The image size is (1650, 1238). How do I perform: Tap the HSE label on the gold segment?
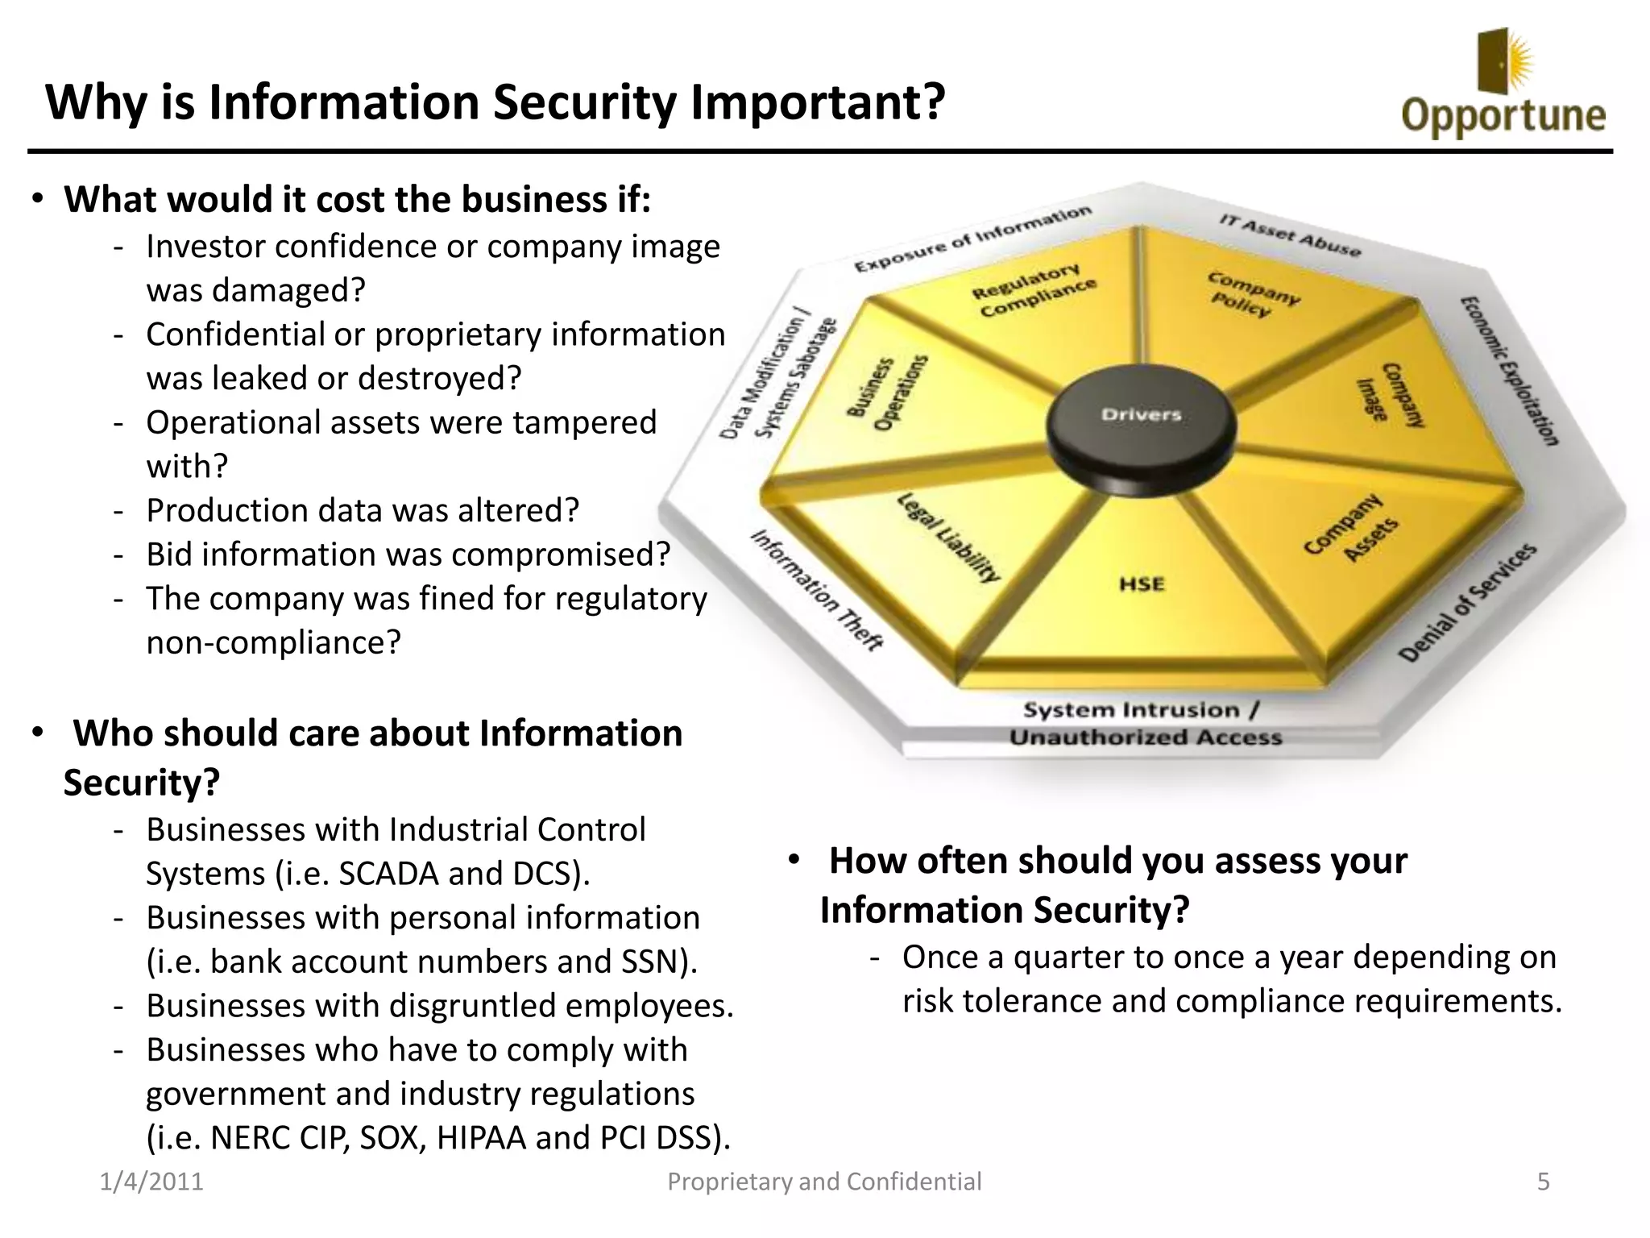click(x=1142, y=584)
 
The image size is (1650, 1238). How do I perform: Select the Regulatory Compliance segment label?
click(x=1034, y=291)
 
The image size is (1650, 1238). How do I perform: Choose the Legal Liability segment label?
click(x=949, y=538)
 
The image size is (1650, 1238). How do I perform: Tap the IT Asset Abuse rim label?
click(x=1289, y=235)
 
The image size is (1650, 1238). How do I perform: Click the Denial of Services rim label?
click(x=1467, y=602)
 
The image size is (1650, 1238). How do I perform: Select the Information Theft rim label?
click(x=817, y=589)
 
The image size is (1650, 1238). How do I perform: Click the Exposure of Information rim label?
click(x=972, y=239)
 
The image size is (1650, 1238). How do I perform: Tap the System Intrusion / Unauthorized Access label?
click(x=1144, y=724)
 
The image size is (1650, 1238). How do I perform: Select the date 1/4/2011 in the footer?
click(x=151, y=1182)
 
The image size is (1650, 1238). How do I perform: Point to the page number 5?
click(x=1543, y=1182)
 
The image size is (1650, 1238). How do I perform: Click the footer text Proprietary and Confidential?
click(x=824, y=1182)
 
